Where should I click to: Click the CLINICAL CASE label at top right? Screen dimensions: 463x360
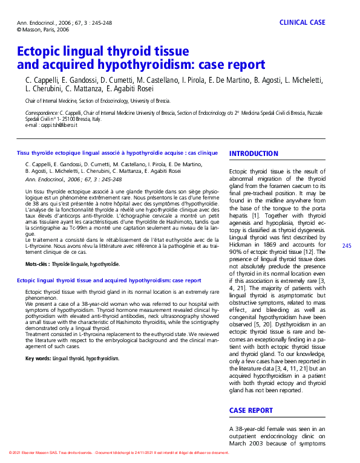pyautogui.click(x=302, y=22)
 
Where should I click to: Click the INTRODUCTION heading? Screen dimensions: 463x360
pyautogui.click(x=254, y=154)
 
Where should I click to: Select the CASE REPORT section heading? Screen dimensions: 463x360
pyautogui.click(x=250, y=410)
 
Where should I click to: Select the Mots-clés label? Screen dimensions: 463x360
pyautogui.click(x=38, y=264)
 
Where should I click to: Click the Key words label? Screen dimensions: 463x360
pyautogui.click(x=38, y=358)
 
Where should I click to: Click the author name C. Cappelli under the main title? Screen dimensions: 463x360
pyautogui.click(x=41, y=80)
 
